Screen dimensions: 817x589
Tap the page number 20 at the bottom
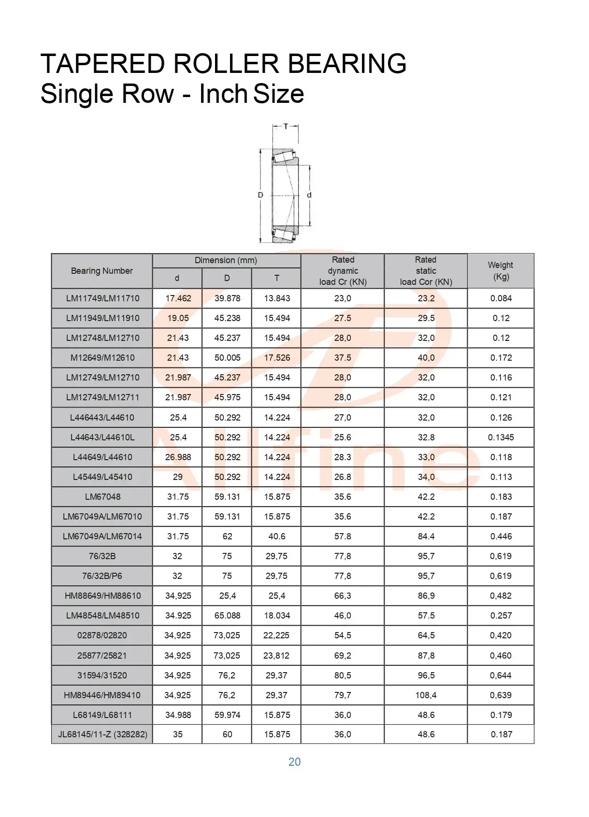[x=294, y=762]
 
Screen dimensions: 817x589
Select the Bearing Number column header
[x=102, y=271]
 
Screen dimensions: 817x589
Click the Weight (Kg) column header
[x=501, y=271]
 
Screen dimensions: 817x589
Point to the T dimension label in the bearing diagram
[x=286, y=127]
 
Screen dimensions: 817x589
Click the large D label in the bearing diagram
[x=260, y=195]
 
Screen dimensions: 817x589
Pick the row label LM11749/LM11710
[x=102, y=298]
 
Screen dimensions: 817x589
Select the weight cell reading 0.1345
[x=501, y=437]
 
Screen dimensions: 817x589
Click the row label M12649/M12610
[x=102, y=358]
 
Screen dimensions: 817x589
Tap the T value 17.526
[x=277, y=358]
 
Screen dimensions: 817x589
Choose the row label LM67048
[x=102, y=497]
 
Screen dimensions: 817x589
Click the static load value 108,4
[x=426, y=695]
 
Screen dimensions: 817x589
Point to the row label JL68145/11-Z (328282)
[x=102, y=734]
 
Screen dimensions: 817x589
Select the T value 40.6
[x=277, y=536]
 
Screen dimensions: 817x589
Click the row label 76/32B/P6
[x=102, y=576]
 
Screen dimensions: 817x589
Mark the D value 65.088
[x=227, y=616]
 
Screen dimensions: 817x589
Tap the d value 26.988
[x=178, y=457]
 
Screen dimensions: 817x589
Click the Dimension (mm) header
[x=226, y=261]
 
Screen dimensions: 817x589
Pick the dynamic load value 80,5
[x=343, y=676]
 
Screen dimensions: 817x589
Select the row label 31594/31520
[x=102, y=676]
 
